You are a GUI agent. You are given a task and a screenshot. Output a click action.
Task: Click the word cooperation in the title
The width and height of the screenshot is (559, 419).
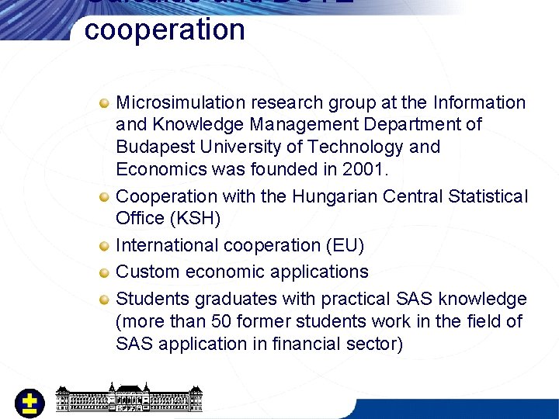165,29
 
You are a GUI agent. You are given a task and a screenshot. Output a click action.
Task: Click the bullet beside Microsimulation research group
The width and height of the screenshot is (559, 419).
104,103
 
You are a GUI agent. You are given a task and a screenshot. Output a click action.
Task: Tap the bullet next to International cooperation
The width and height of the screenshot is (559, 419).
104,246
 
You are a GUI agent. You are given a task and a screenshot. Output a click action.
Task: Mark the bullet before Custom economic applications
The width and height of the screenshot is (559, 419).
104,272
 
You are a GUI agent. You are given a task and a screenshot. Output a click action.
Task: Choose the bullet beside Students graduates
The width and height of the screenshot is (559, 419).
104,300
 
